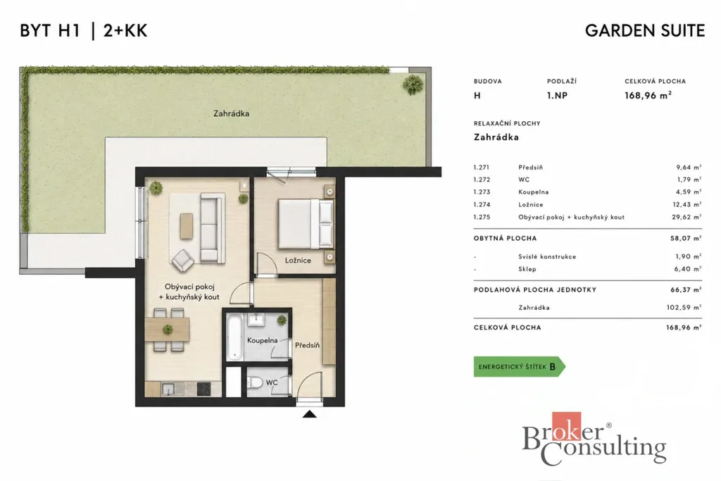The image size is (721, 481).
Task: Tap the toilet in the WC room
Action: pyautogui.click(x=255, y=382)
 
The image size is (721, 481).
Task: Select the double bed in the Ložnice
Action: pyautogui.click(x=305, y=224)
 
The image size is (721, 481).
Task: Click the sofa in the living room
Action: pyautogui.click(x=213, y=227)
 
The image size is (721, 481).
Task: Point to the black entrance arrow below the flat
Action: pyautogui.click(x=310, y=414)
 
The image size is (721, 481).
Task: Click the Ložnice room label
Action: pyautogui.click(x=298, y=261)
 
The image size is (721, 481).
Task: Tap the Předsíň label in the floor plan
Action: pyautogui.click(x=307, y=345)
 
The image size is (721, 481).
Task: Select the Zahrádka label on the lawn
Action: pyautogui.click(x=231, y=113)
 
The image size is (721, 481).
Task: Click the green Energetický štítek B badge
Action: pyautogui.click(x=519, y=366)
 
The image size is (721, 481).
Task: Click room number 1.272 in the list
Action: pyautogui.click(x=482, y=180)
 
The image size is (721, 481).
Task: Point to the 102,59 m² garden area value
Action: pyautogui.click(x=684, y=308)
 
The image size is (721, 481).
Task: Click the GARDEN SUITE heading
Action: pyautogui.click(x=645, y=31)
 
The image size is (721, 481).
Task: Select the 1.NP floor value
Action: pyautogui.click(x=557, y=96)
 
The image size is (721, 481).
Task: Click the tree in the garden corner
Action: pyautogui.click(x=413, y=84)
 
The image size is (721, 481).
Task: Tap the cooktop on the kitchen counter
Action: pyautogui.click(x=203, y=389)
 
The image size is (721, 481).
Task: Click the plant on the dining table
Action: pyautogui.click(x=168, y=330)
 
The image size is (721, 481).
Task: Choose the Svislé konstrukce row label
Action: pyautogui.click(x=546, y=256)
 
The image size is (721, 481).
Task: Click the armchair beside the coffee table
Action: pyautogui.click(x=182, y=261)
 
